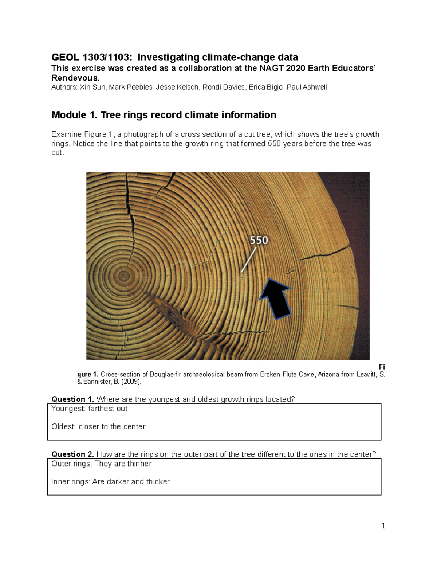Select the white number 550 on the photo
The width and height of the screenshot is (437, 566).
tap(259, 240)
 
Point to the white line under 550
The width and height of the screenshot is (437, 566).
tap(249, 259)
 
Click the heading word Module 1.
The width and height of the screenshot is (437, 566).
tap(74, 115)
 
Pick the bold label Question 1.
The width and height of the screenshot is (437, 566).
tap(72, 399)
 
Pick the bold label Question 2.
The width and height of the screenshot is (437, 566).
tap(72, 454)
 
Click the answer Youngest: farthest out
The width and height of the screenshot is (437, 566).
tap(90, 409)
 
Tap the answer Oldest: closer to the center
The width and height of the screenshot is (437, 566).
tap(98, 427)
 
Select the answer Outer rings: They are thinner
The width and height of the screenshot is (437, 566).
tap(101, 464)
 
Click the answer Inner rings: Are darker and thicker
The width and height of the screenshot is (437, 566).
tap(110, 482)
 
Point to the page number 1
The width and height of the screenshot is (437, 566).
tap(383, 526)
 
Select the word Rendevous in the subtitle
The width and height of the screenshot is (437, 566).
tap(74, 78)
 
